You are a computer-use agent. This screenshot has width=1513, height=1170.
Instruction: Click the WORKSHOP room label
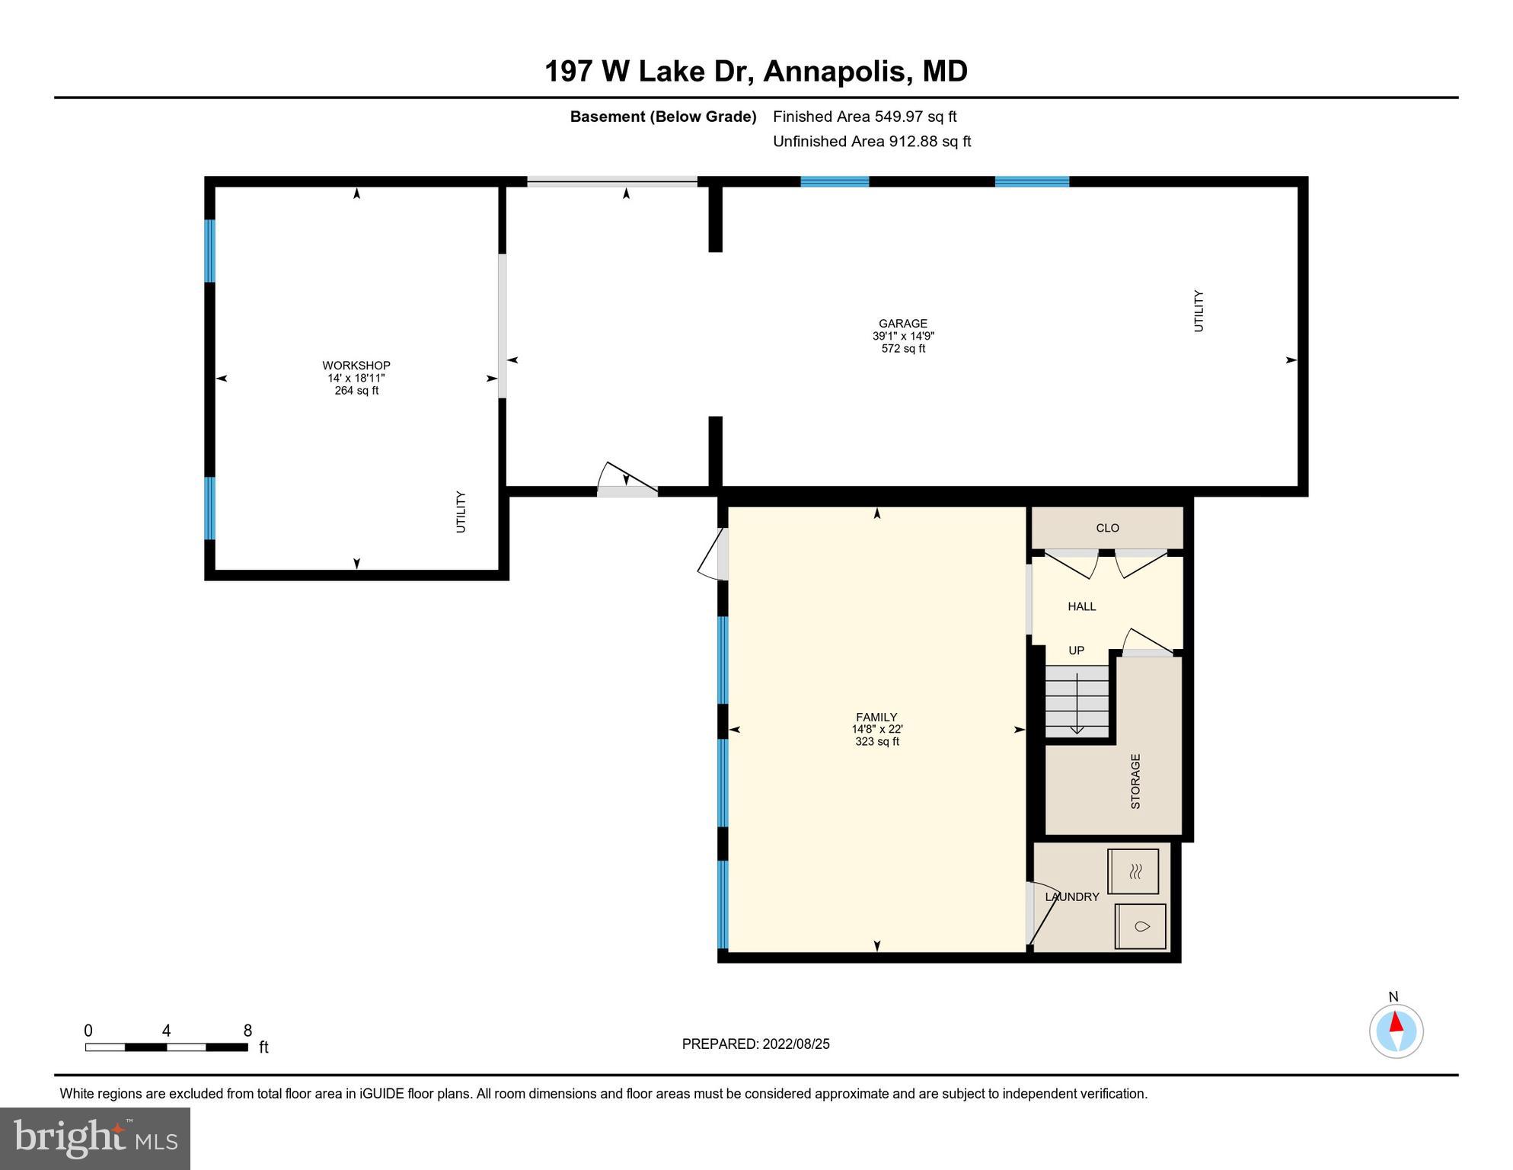point(356,366)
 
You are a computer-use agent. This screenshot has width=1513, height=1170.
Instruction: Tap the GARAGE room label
point(902,324)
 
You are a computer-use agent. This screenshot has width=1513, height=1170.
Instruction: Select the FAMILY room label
point(876,717)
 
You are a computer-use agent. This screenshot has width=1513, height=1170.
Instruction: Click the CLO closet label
point(1107,528)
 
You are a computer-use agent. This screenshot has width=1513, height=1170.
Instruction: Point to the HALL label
point(1081,606)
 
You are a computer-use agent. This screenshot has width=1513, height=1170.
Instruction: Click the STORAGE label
point(1135,781)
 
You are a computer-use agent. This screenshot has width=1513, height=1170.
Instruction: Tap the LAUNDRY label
point(1071,897)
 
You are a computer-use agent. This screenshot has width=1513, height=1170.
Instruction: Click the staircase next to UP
point(1076,701)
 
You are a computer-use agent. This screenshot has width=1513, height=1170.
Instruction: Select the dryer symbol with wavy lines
point(1133,871)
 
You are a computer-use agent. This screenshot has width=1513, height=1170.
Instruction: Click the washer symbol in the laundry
point(1140,926)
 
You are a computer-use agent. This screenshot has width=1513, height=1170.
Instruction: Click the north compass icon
point(1396,1031)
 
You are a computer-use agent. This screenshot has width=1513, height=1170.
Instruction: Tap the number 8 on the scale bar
point(247,1031)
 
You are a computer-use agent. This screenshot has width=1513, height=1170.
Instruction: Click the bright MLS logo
point(95,1138)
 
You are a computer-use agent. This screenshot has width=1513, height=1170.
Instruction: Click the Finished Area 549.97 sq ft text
point(864,117)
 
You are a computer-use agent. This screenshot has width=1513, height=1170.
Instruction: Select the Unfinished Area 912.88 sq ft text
point(871,141)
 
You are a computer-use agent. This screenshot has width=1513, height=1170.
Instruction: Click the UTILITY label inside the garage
point(1199,311)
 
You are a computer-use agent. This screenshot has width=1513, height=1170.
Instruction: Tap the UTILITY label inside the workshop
point(461,512)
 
